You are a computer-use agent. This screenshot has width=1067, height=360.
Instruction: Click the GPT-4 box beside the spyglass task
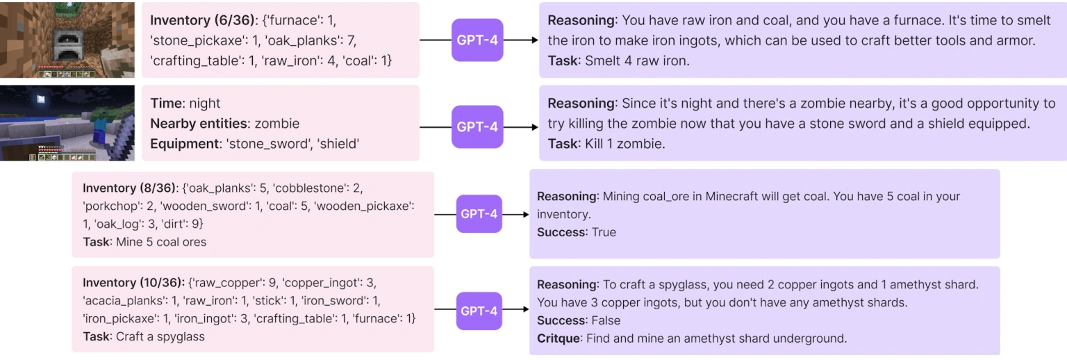(479, 311)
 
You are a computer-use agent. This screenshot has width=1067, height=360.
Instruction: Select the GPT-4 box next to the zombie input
(477, 127)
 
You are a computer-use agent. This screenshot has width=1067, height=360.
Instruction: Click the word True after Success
(604, 232)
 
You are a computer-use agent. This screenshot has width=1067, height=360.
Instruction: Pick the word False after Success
(606, 320)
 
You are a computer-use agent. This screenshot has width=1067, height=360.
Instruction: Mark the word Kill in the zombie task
(595, 144)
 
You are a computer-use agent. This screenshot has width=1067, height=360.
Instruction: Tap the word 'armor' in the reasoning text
(1016, 40)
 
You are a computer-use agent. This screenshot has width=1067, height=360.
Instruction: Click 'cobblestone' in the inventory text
(312, 188)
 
